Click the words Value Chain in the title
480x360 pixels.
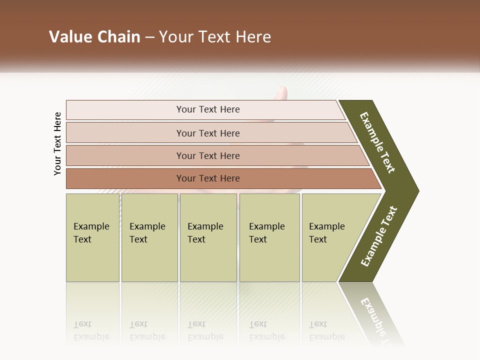[94, 37]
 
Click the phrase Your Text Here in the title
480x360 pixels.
[215, 37]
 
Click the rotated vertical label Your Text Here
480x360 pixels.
[57, 143]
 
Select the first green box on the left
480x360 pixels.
[92, 237]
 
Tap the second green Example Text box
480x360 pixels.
[149, 237]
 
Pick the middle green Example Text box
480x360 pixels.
[208, 237]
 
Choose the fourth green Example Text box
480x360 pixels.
[269, 237]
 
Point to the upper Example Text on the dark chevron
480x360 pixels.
[377, 142]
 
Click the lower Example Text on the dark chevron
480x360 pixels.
[379, 236]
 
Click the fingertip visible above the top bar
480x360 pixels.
[282, 93]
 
